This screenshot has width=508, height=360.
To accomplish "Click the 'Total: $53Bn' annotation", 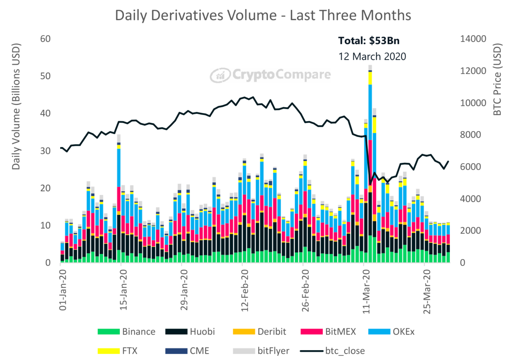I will [x=369, y=41].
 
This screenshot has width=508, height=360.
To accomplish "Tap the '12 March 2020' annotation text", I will [x=372, y=56].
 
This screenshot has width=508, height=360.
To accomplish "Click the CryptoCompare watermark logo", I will [x=270, y=75].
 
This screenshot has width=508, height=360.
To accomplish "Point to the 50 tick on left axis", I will [x=45, y=76].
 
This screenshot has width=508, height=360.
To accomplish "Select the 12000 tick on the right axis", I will [x=473, y=71].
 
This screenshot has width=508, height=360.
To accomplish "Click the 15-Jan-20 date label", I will [x=123, y=289].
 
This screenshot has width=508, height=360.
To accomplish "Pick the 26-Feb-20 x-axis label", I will [x=305, y=290].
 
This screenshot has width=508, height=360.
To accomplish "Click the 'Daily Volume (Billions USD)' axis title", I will [x=16, y=107].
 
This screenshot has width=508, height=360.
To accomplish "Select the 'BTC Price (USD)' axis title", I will [x=497, y=79].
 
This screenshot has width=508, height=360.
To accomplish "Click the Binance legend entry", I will [x=127, y=332].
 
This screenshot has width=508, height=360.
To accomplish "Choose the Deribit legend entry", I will [x=259, y=332].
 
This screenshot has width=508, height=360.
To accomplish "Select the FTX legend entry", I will [x=118, y=351].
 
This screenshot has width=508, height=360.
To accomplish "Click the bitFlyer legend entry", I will [x=261, y=351].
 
